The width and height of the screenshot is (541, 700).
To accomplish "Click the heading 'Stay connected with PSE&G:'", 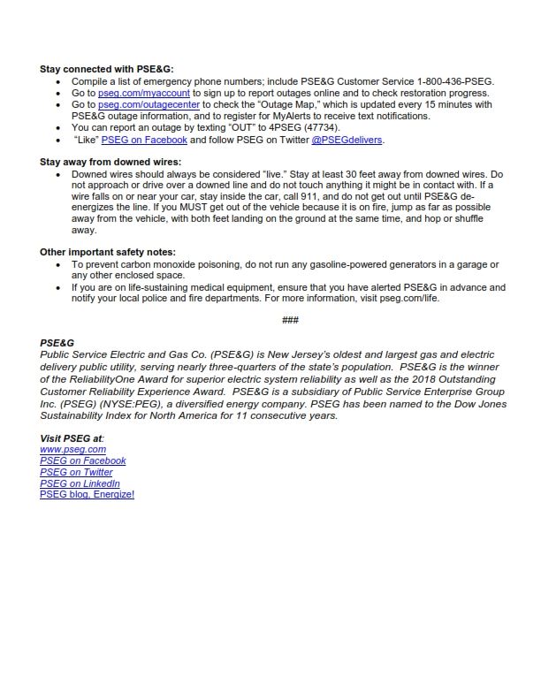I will point(107,68).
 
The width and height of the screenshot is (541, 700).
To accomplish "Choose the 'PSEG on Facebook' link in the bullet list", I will point(144,140).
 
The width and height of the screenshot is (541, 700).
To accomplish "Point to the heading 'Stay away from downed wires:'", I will point(110,162).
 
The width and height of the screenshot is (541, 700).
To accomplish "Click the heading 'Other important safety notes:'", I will point(108,252).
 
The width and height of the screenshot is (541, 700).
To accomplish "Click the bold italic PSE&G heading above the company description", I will point(57,342).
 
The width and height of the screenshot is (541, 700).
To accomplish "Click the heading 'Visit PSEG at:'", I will point(72,438).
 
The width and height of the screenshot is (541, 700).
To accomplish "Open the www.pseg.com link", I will point(72,449).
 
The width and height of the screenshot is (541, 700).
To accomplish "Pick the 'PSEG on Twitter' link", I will point(76,472).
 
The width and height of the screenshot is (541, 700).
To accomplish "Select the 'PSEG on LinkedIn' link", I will point(80,483).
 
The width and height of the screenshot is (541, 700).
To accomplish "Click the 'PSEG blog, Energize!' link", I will point(87,495).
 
